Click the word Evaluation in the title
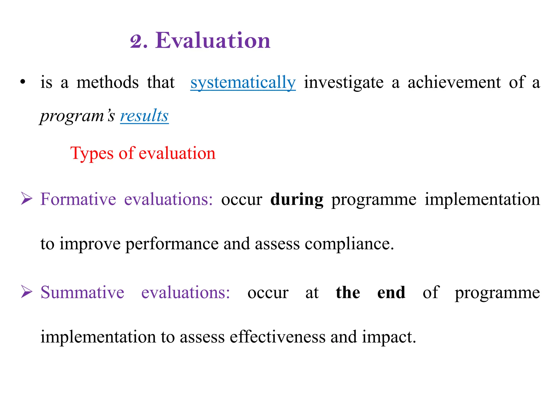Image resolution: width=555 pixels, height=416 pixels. pyautogui.click(x=213, y=41)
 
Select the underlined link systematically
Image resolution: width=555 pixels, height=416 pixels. pyautogui.click(x=243, y=83)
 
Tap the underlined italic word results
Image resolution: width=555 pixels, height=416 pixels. pyautogui.click(x=144, y=116)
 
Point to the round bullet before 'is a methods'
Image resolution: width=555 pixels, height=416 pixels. pyautogui.click(x=23, y=82)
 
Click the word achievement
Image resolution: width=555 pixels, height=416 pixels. pyautogui.click(x=454, y=82)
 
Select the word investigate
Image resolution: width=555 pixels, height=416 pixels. pyautogui.click(x=344, y=83)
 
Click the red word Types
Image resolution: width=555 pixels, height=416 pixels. pyautogui.click(x=92, y=154)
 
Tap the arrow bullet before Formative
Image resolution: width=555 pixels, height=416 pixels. pyautogui.click(x=27, y=199)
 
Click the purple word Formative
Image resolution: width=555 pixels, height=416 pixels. pyautogui.click(x=78, y=199)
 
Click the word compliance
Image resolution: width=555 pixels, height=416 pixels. pyautogui.click(x=349, y=244)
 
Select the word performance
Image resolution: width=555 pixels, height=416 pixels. pyautogui.click(x=172, y=244)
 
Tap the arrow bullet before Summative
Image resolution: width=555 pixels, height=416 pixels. pyautogui.click(x=27, y=292)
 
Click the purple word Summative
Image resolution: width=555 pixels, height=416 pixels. pyautogui.click(x=82, y=292)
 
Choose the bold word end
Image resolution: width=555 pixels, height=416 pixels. pyautogui.click(x=391, y=292)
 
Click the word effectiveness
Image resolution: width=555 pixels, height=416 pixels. pyautogui.click(x=277, y=337)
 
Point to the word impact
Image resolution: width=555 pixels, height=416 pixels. pyautogui.click(x=389, y=337)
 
